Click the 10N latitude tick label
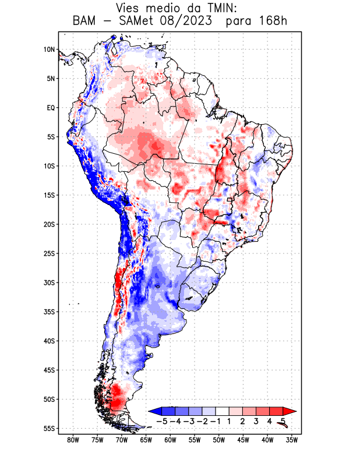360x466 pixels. pyautogui.click(x=50, y=50)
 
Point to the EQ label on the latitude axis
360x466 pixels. pyautogui.click(x=51, y=108)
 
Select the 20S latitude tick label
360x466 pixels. pyautogui.click(x=50, y=224)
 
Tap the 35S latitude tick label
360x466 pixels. pyautogui.click(x=50, y=312)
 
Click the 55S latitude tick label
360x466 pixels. pyautogui.click(x=50, y=428)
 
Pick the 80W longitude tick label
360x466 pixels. pyautogui.click(x=73, y=440)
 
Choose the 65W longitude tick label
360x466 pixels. pyautogui.click(x=146, y=440)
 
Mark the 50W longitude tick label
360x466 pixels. pyautogui.click(x=218, y=440)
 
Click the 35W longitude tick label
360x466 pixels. pyautogui.click(x=292, y=440)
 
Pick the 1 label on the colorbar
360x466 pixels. pyautogui.click(x=230, y=421)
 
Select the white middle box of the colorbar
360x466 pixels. pyautogui.click(x=222, y=411)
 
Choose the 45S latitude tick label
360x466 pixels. pyautogui.click(x=50, y=370)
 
